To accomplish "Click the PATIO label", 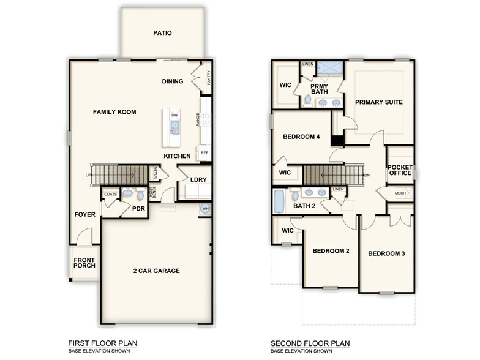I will pos(162,33).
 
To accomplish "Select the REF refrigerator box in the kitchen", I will pos(204,153).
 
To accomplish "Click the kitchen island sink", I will pos(174,127).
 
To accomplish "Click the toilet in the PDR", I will pos(127,193).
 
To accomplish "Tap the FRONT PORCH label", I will pos(84,263).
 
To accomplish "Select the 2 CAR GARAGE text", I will pos(157,271).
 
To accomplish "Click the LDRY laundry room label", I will pos(198,180).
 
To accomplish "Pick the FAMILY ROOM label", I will pos(114,112).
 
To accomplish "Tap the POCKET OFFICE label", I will pos(400,170).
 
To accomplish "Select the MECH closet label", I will pos(400,193).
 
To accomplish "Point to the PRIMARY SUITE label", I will pos(378,102).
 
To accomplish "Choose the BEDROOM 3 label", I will pos(386,253).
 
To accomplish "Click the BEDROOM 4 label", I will pos(301,137).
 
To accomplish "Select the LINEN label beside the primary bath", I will pos(307,64).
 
